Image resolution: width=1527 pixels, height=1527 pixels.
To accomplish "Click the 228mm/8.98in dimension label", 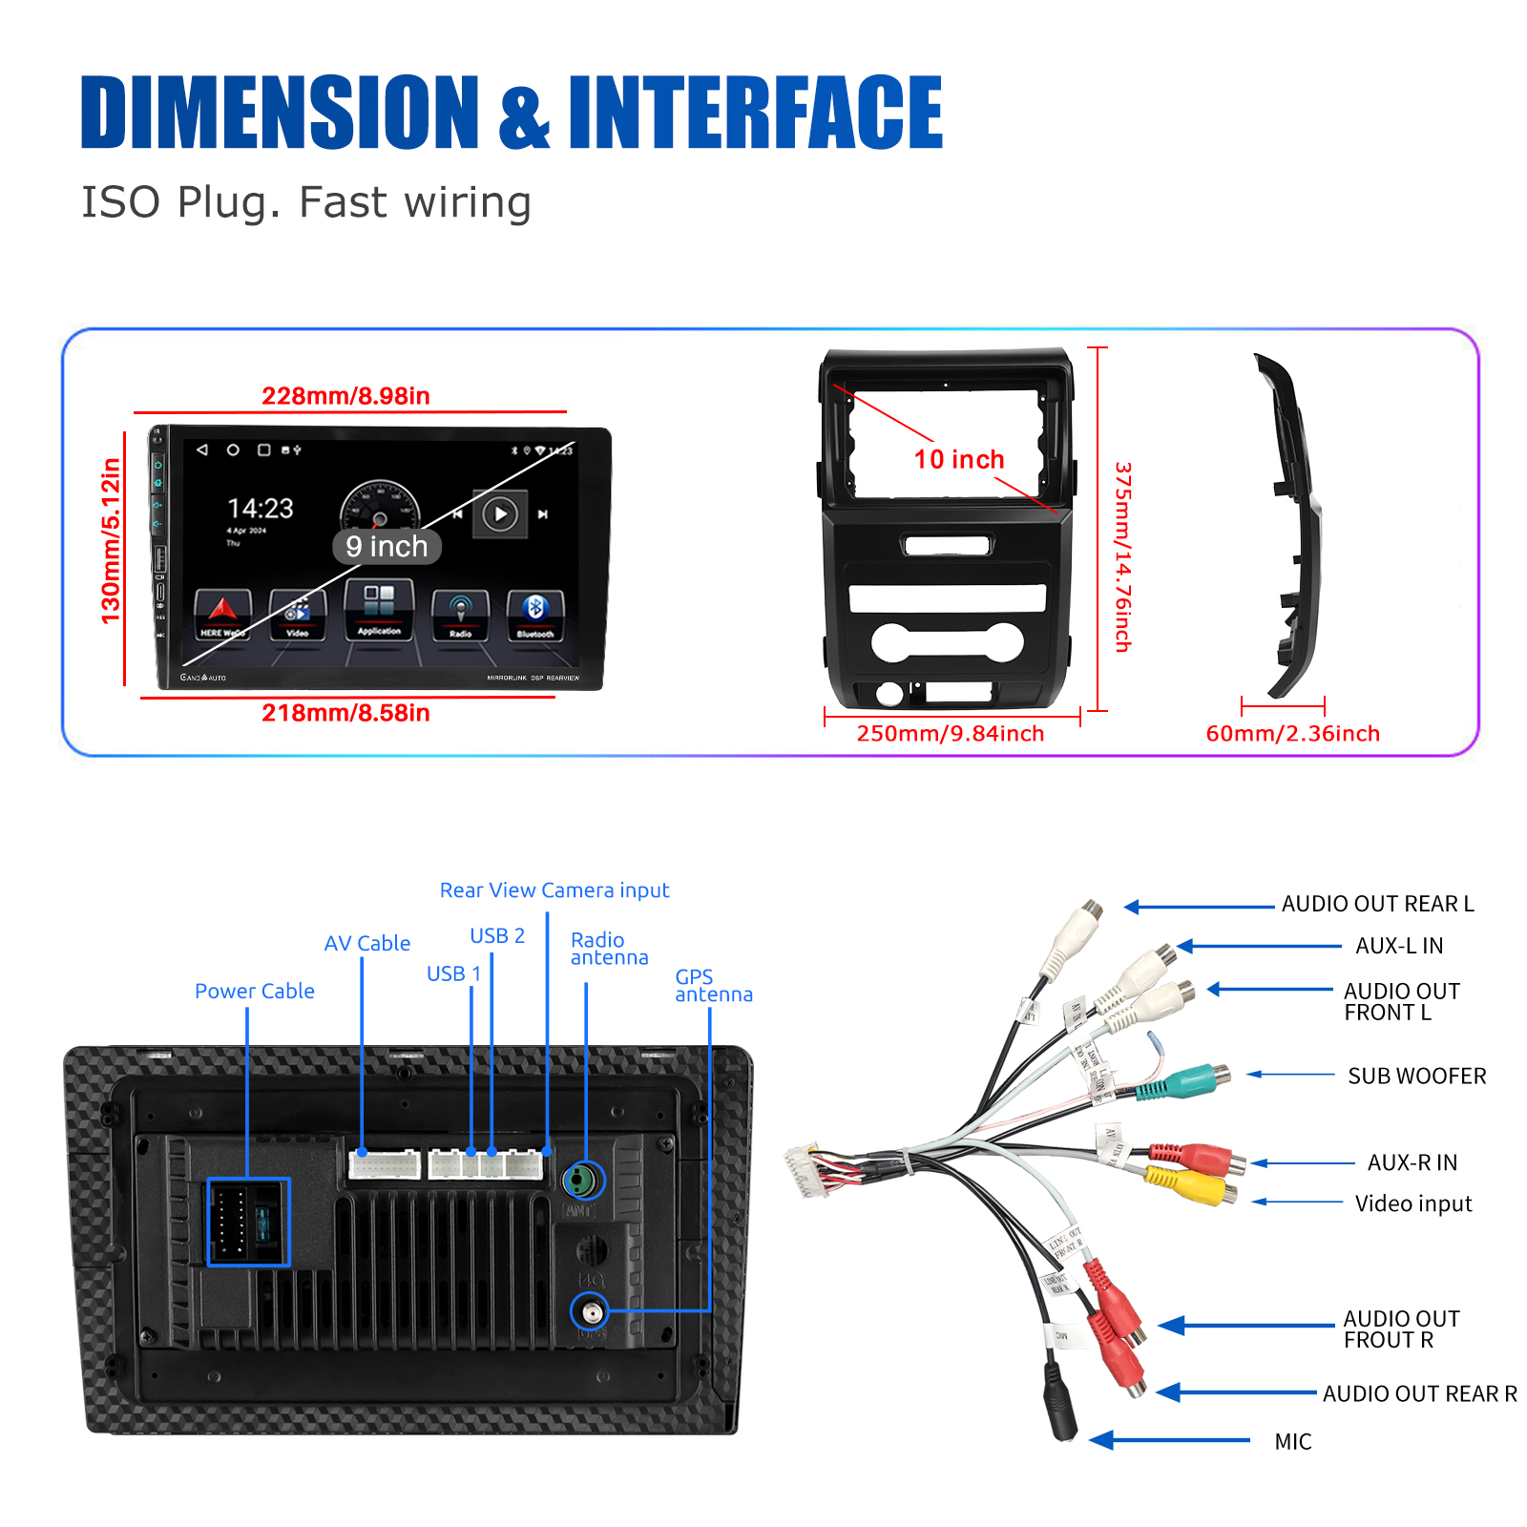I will (x=345, y=396).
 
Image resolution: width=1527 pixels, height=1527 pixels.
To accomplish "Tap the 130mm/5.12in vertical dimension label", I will (x=112, y=541).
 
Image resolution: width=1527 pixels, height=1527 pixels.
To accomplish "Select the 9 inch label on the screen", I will (x=387, y=547).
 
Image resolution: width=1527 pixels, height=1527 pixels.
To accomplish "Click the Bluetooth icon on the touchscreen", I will (x=535, y=612).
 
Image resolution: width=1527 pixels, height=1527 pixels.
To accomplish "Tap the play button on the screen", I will (x=500, y=514).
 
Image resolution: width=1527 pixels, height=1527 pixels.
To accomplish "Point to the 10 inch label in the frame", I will (x=959, y=460).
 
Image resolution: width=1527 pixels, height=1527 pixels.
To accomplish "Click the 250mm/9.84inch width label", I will (x=951, y=734).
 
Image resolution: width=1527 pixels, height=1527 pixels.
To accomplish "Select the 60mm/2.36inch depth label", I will (x=1292, y=734).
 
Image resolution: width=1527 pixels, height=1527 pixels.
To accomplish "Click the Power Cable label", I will (x=255, y=992).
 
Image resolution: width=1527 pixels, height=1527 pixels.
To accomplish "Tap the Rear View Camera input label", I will (x=554, y=890).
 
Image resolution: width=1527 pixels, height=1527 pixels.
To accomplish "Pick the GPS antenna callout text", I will (x=713, y=986).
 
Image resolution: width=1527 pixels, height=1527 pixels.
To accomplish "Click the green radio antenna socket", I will (x=583, y=1182).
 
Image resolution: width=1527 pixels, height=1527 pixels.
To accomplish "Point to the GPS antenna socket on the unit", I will (x=590, y=1312).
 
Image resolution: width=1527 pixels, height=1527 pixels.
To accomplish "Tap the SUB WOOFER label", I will (x=1416, y=1077).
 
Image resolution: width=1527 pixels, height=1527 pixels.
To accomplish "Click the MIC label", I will (x=1293, y=1442).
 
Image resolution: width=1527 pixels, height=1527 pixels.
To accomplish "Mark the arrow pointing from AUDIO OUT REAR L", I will (x=1199, y=907).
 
